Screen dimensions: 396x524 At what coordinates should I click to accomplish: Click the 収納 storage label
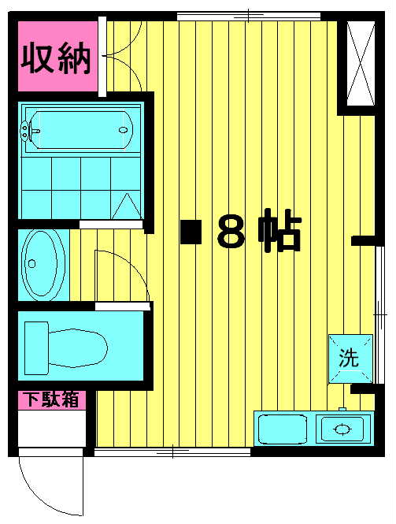click(56, 59)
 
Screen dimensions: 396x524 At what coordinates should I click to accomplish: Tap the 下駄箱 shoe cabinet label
click(53, 400)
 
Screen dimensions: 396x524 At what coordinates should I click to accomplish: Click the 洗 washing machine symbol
click(350, 359)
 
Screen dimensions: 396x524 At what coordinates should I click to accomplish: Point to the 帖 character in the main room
click(280, 230)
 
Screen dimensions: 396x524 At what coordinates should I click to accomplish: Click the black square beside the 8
click(191, 232)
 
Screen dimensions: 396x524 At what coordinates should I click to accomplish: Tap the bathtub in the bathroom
click(81, 130)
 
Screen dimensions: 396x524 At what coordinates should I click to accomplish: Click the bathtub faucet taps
click(24, 130)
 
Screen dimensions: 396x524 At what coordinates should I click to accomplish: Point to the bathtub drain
click(123, 130)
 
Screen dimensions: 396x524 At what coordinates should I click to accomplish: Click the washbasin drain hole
click(31, 264)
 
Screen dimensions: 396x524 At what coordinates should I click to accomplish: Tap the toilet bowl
click(78, 347)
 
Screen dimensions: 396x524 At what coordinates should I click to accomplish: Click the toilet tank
click(37, 347)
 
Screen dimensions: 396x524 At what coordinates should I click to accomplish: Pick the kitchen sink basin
click(283, 429)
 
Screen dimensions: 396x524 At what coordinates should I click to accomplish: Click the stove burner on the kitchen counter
click(342, 429)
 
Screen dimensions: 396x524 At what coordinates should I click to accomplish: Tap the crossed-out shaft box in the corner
click(361, 64)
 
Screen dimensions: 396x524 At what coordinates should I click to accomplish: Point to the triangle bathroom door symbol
click(127, 206)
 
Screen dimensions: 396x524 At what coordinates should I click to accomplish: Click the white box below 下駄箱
click(52, 429)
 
